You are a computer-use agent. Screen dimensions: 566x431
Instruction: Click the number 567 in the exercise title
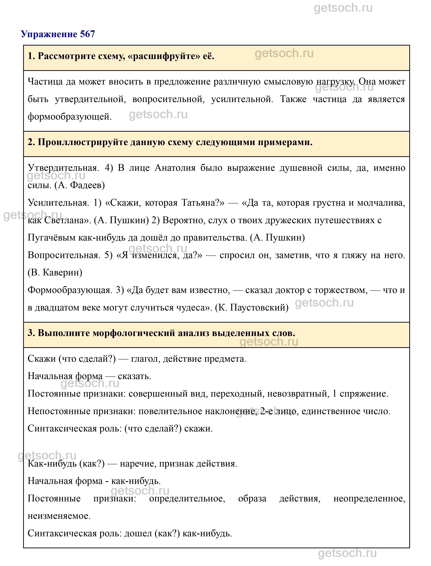(87, 34)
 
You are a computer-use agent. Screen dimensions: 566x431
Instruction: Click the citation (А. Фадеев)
(79, 185)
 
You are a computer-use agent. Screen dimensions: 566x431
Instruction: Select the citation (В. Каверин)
(55, 272)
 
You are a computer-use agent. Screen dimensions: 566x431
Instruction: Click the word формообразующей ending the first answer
(70, 117)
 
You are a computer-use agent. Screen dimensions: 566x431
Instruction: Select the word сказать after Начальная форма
(134, 376)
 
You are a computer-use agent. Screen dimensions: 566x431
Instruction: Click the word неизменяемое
(59, 516)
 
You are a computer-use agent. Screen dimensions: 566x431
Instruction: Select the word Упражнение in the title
(49, 34)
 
